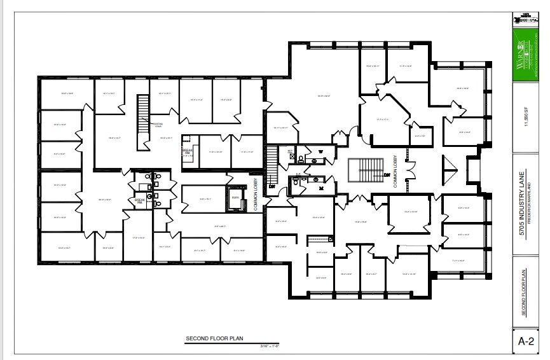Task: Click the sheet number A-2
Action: point(526,341)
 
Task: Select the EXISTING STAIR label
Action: point(158,125)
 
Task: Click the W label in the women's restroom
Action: point(321,151)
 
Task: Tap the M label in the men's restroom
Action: point(321,188)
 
